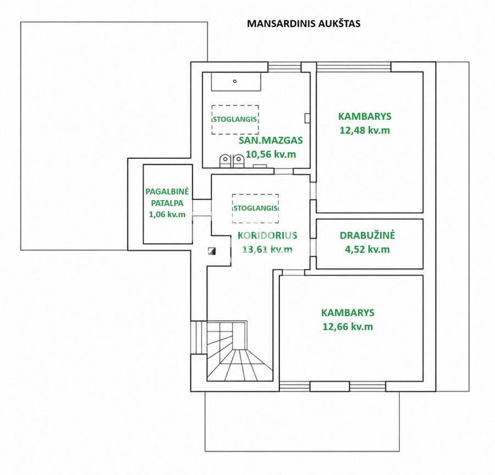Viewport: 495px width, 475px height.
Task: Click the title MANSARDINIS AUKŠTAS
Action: pyautogui.click(x=304, y=24)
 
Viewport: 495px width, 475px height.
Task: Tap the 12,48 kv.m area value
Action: pyautogui.click(x=365, y=130)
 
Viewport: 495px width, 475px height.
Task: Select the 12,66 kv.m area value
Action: pyautogui.click(x=348, y=327)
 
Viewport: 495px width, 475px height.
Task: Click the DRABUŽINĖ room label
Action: pyautogui.click(x=367, y=235)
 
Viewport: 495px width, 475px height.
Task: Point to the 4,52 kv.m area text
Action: pyautogui.click(x=367, y=250)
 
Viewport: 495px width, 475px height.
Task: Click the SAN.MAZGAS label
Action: pyautogui.click(x=271, y=140)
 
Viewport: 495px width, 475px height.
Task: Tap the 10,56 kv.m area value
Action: pyautogui.click(x=271, y=154)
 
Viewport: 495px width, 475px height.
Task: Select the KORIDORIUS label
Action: pyautogui.click(x=267, y=235)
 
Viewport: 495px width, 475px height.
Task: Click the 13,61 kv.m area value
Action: pyautogui.click(x=267, y=250)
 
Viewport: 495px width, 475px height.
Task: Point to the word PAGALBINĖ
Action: pyautogui.click(x=167, y=191)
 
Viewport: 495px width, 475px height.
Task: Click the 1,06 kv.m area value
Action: pyautogui.click(x=167, y=214)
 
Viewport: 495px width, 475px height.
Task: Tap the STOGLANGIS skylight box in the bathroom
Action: pyautogui.click(x=235, y=120)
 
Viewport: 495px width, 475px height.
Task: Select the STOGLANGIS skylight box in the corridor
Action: pyautogui.click(x=255, y=208)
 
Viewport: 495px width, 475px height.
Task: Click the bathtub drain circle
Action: pyautogui.click(x=234, y=81)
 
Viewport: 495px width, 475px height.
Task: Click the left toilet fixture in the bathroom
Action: pyautogui.click(x=225, y=161)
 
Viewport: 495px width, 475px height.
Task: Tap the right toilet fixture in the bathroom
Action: pyautogui.click(x=239, y=161)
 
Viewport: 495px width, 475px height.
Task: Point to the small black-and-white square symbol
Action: pyautogui.click(x=212, y=251)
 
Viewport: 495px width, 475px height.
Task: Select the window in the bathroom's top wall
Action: pyautogui.click(x=284, y=67)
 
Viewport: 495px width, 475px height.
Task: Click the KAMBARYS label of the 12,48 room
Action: pyautogui.click(x=365, y=116)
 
